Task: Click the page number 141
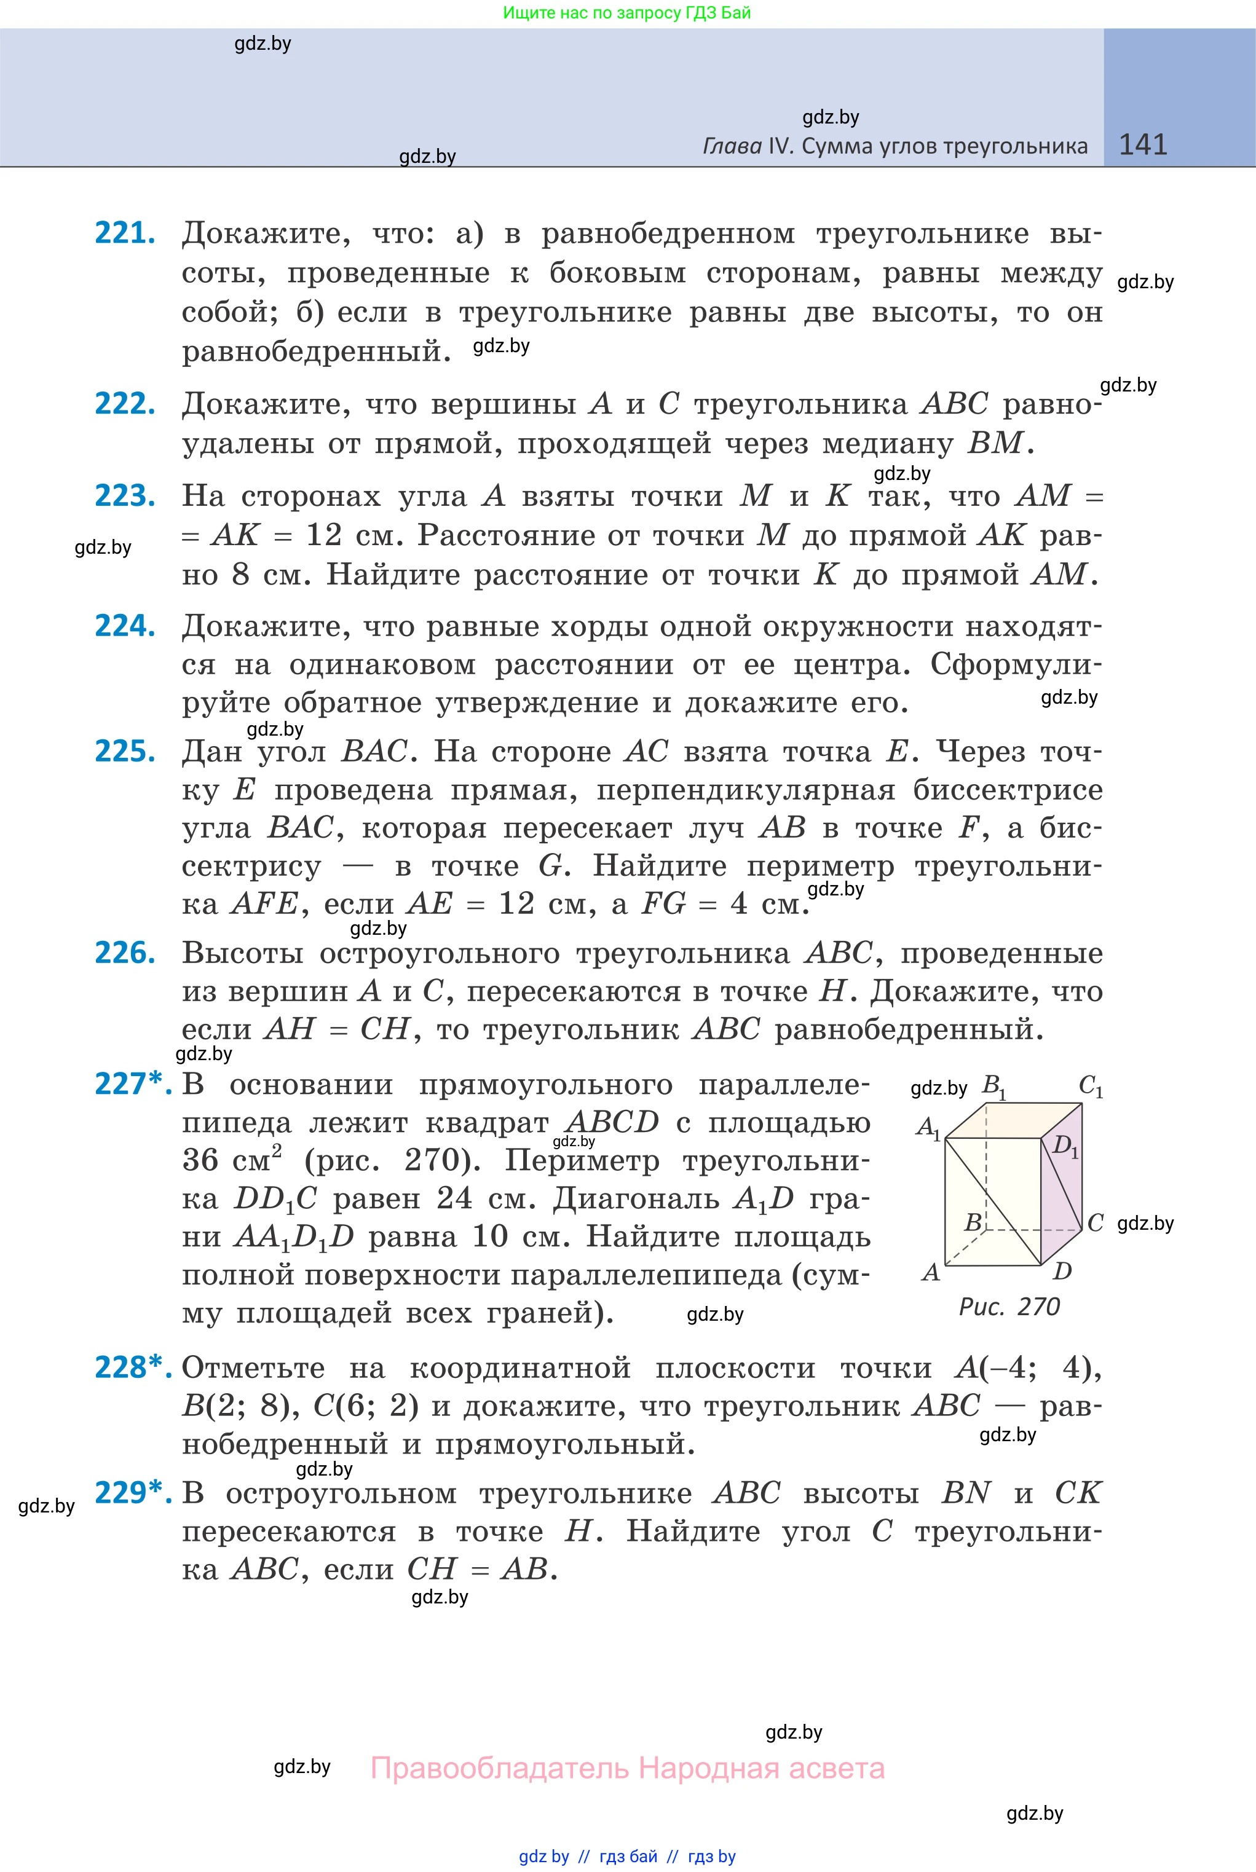[1142, 144]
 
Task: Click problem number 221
[124, 233]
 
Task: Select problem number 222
[124, 404]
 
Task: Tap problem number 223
[124, 495]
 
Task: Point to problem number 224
[124, 626]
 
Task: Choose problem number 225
[124, 751]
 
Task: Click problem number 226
[124, 953]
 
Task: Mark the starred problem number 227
[132, 1083]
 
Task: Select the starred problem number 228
[132, 1367]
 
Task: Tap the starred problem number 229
[132, 1492]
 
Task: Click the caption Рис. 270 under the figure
[1009, 1307]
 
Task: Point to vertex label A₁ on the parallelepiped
[928, 1127]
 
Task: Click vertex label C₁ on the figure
[1091, 1086]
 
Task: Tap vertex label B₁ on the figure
[994, 1086]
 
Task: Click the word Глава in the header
[732, 146]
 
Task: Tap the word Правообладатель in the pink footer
[500, 1768]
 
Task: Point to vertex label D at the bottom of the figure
[1062, 1271]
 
